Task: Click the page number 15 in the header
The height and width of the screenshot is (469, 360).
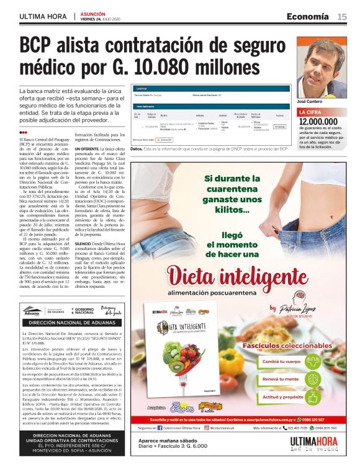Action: pos(342,16)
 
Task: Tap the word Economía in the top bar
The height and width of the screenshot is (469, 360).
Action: pos(307,16)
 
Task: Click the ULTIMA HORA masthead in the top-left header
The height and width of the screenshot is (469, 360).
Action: pos(43,17)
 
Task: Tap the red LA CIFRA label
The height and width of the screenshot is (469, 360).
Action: pos(310,112)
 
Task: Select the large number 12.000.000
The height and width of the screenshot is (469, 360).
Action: pos(318,122)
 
